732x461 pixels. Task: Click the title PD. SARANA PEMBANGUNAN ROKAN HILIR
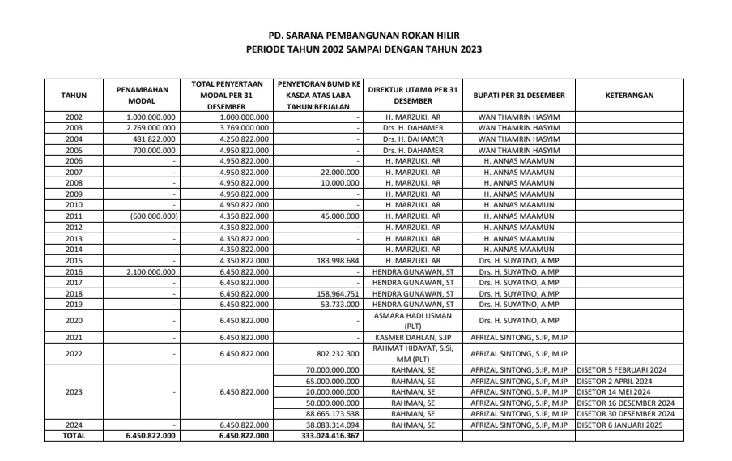pyautogui.click(x=366, y=36)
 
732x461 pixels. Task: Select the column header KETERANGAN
pyautogui.click(x=629, y=95)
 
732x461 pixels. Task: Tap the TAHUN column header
pyautogui.click(x=74, y=95)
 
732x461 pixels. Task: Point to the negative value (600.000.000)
pyautogui.click(x=151, y=216)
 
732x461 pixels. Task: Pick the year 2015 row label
pyautogui.click(x=74, y=261)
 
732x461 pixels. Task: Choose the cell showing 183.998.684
pyautogui.click(x=334, y=261)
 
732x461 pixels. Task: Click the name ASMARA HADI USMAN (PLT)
pyautogui.click(x=413, y=321)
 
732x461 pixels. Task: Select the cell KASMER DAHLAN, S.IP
pyautogui.click(x=413, y=337)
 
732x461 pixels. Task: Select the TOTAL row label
pyautogui.click(x=74, y=436)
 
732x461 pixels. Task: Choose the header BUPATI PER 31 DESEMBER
pyautogui.click(x=519, y=95)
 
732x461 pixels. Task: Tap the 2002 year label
pyautogui.click(x=74, y=117)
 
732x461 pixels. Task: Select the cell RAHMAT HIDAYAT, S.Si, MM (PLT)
pyautogui.click(x=413, y=353)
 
